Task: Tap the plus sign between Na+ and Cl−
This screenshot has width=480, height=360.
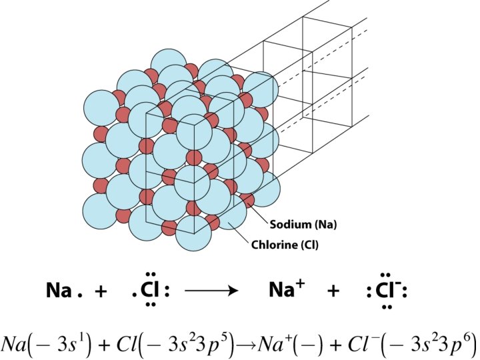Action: tap(333, 291)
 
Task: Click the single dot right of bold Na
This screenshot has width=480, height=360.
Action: tap(79, 295)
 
